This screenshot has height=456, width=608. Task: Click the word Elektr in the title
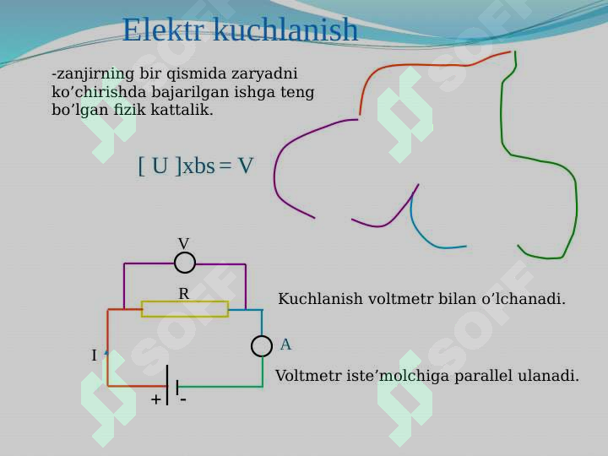point(163,30)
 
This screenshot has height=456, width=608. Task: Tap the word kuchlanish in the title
point(285,30)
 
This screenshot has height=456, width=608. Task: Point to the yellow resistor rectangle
point(185,309)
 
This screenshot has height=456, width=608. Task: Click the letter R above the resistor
point(184,294)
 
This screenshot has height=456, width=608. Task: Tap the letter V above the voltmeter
point(183,244)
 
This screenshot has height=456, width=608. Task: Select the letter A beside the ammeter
point(285,345)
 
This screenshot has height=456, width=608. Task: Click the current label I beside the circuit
point(94,356)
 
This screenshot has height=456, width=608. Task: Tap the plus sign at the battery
point(156,399)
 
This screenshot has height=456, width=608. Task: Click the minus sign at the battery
point(182,399)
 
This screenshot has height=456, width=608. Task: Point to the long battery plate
point(167,385)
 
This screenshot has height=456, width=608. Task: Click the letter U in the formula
point(160,166)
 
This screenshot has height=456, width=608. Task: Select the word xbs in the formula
point(198,166)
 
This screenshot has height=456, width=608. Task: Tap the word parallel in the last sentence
point(484,375)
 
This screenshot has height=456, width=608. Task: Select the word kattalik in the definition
point(182,110)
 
